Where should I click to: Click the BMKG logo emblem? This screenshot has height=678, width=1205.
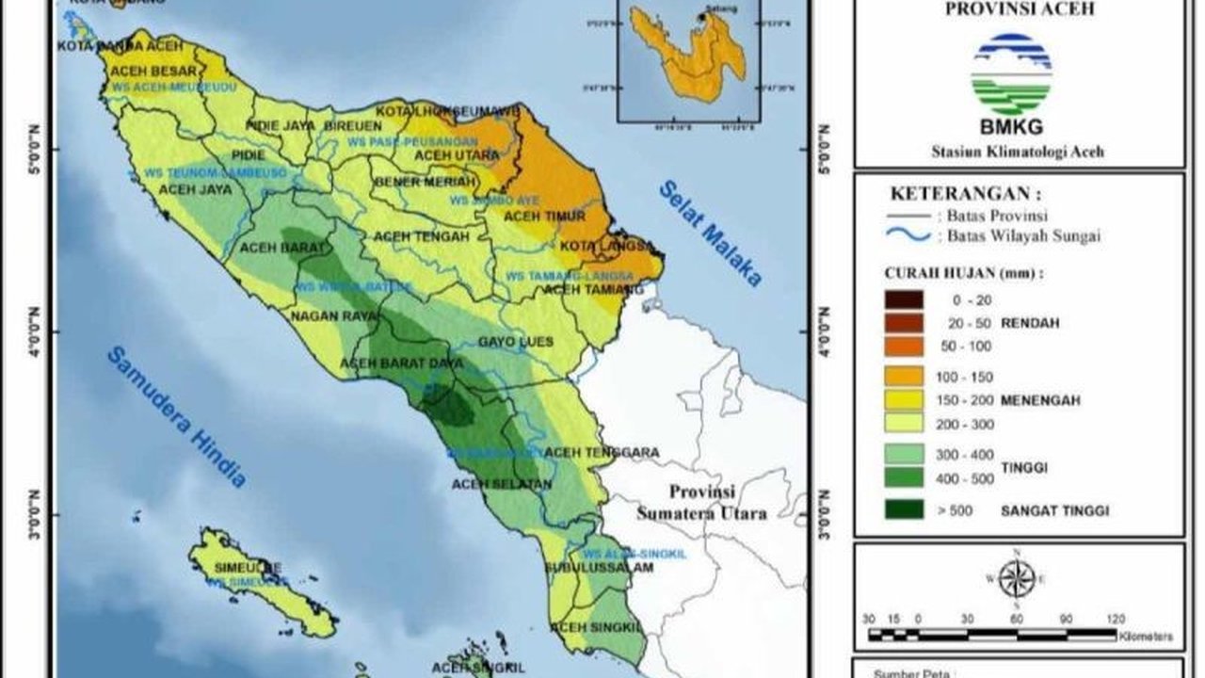[1011, 74]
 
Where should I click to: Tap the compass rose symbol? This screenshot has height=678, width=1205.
[1017, 578]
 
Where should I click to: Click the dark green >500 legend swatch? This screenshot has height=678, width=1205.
[904, 510]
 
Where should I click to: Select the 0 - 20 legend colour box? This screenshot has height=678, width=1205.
[904, 299]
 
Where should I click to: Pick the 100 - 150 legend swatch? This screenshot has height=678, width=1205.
[904, 377]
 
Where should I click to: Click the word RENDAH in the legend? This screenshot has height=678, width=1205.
[1030, 323]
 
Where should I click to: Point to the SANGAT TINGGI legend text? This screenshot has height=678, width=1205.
[1054, 510]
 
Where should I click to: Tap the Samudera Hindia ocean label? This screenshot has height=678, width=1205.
[176, 417]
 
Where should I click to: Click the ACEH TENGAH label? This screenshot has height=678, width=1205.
[421, 236]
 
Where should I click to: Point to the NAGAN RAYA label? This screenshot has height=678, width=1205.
[333, 315]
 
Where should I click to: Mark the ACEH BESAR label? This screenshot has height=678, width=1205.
[153, 71]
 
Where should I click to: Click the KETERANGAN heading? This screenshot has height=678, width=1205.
[966, 195]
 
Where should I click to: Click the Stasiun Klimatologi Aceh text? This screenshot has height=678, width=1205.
[1017, 151]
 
